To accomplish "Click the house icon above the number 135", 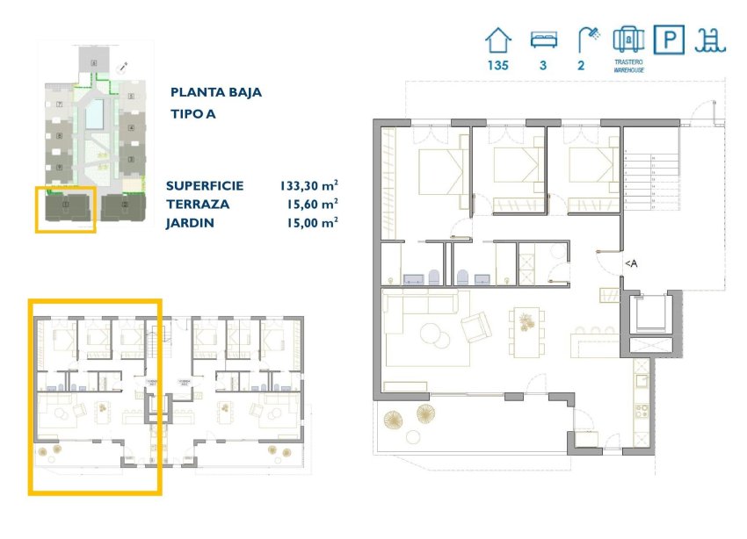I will click(498, 41).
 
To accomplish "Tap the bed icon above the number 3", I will click(542, 40).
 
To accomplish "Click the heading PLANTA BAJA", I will click(215, 92).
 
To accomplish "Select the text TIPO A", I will click(192, 113).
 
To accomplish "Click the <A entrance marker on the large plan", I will click(630, 262).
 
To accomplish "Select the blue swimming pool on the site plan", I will click(94, 113).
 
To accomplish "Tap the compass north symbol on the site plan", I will click(125, 66).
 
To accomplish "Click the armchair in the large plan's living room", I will click(476, 327).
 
